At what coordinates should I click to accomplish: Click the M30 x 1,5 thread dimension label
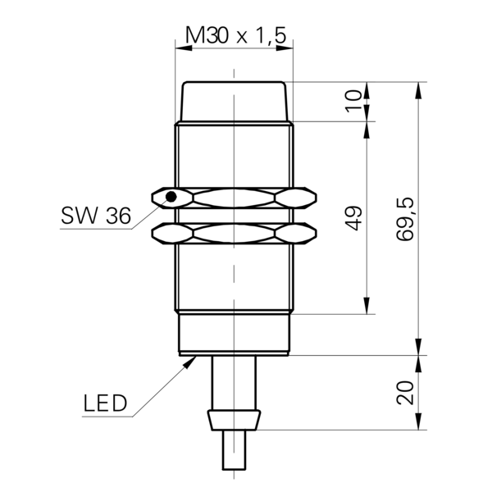[235, 34]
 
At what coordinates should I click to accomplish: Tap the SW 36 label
[96, 216]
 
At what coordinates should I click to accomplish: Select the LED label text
[105, 403]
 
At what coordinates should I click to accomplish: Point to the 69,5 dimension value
[405, 219]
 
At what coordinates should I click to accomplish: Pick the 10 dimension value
[353, 101]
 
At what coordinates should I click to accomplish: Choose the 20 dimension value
[405, 393]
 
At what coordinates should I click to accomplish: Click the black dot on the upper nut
[171, 197]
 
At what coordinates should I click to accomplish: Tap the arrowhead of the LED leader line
[190, 362]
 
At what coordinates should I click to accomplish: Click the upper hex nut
[234, 198]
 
